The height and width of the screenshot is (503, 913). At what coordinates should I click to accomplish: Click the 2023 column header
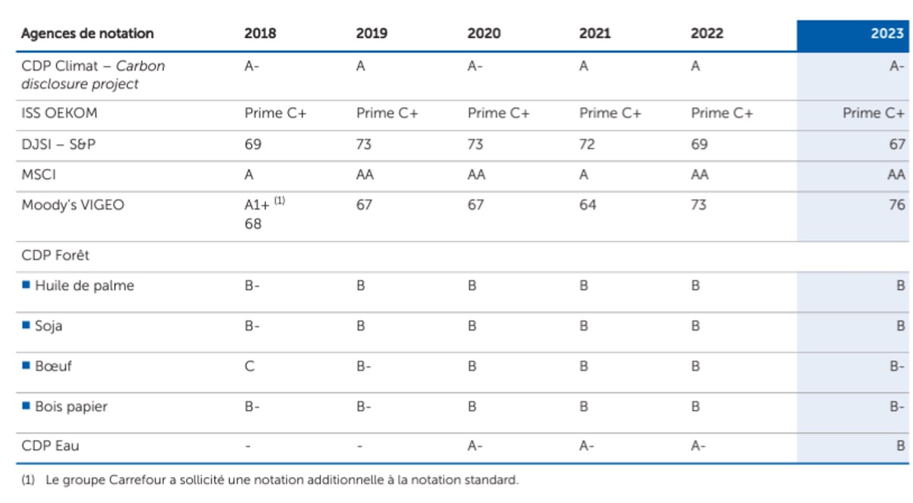pyautogui.click(x=886, y=33)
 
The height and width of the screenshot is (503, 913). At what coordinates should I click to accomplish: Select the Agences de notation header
pyautogui.click(x=87, y=33)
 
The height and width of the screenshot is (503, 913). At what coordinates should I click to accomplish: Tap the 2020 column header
pyautogui.click(x=484, y=33)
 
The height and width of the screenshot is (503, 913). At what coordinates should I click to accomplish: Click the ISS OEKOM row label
pyautogui.click(x=59, y=113)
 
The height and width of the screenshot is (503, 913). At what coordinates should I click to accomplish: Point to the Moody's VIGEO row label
pyautogui.click(x=73, y=205)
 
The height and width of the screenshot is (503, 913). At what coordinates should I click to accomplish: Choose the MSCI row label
pyautogui.click(x=39, y=174)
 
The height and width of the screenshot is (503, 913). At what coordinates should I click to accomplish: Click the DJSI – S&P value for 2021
pyautogui.click(x=587, y=144)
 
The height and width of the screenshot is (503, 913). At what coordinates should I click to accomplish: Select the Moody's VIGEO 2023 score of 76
pyautogui.click(x=896, y=205)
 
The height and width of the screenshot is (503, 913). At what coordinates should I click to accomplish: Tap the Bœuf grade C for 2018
pyautogui.click(x=249, y=366)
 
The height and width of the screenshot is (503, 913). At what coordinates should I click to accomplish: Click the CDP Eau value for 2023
pyautogui.click(x=900, y=445)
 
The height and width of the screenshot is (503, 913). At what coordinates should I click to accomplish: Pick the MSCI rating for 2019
pyautogui.click(x=365, y=174)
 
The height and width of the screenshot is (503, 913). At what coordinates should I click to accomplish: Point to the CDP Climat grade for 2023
pyautogui.click(x=896, y=66)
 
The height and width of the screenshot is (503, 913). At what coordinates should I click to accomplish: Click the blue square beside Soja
pyautogui.click(x=26, y=325)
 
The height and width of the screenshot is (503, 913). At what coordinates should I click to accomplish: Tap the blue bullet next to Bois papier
pyautogui.click(x=26, y=406)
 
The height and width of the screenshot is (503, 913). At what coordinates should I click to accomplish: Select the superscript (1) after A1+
pyautogui.click(x=279, y=201)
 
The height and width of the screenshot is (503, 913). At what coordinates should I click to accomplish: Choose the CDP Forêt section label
pyautogui.click(x=55, y=255)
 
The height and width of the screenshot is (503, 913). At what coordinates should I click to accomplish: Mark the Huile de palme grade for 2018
pyautogui.click(x=252, y=286)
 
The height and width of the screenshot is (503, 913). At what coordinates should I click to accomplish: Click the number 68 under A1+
pyautogui.click(x=253, y=223)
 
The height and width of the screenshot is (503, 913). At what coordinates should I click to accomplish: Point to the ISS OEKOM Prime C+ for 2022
pyautogui.click(x=721, y=113)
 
